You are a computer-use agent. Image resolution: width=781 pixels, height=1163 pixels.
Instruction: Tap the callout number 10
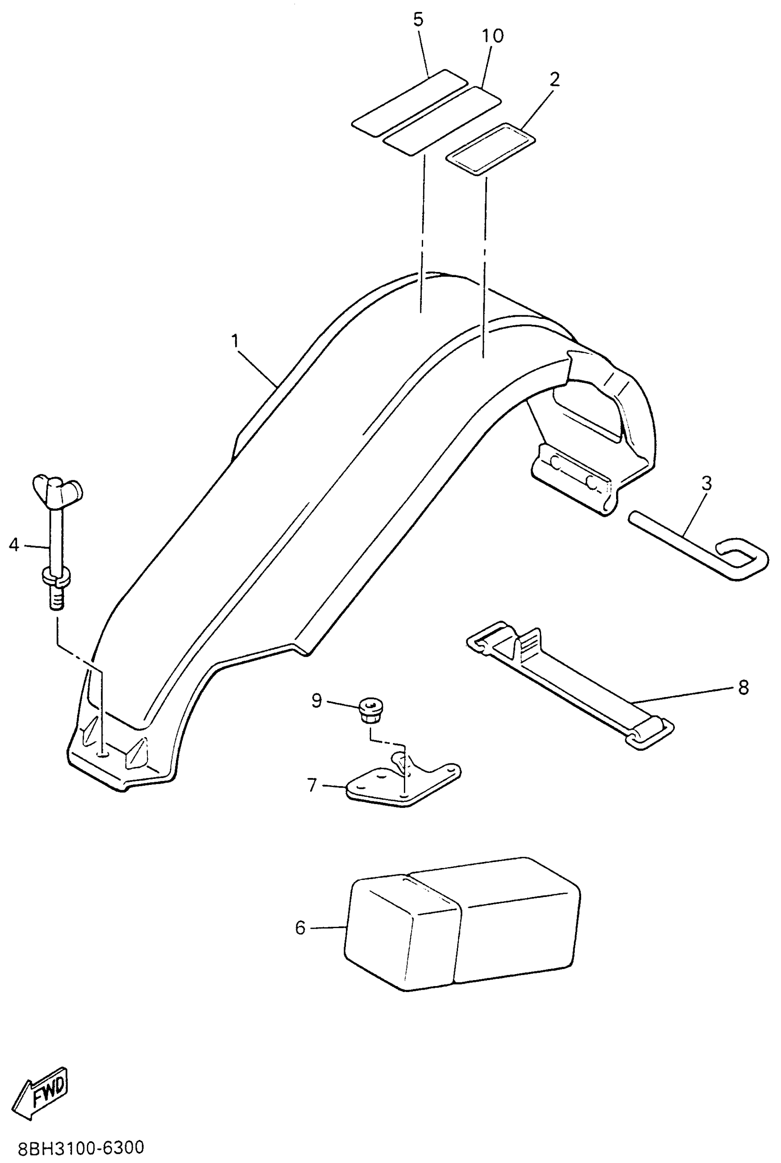coord(492,36)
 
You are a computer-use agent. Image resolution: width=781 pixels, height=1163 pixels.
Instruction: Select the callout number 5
coord(419,19)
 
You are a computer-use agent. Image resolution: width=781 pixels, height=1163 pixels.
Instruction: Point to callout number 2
coord(555,79)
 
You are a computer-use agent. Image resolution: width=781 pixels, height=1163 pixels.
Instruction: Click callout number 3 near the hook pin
coord(706,482)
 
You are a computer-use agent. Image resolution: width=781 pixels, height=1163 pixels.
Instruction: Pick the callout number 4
coord(14,545)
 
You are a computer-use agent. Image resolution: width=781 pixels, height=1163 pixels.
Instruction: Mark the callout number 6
coord(300,927)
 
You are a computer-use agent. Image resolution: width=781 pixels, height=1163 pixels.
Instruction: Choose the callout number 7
coord(312,785)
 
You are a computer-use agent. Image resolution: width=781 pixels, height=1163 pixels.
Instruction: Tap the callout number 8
coord(743,687)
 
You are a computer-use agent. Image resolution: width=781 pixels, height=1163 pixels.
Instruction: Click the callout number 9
coord(317,700)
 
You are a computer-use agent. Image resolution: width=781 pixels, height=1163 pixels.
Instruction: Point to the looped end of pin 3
coord(742,558)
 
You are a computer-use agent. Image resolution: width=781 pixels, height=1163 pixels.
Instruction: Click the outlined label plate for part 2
coord(490,148)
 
